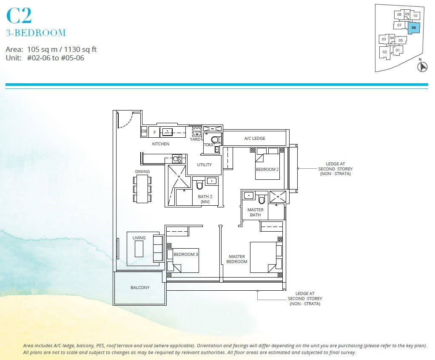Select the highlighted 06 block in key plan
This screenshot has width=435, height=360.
(414, 28)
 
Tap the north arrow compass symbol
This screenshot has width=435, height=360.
(422, 67)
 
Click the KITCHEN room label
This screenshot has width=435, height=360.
(161, 144)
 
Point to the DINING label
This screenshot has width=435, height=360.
(142, 172)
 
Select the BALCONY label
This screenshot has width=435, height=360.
(140, 288)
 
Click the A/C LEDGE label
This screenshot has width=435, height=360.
(255, 139)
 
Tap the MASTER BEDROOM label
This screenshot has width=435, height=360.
(237, 259)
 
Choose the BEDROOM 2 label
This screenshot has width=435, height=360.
(267, 170)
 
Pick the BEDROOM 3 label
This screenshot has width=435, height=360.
(185, 255)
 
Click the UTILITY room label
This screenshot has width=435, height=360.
(204, 165)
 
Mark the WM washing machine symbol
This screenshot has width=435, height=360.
(196, 131)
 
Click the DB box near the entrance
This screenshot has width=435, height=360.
(144, 132)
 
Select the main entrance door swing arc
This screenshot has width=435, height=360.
(125, 120)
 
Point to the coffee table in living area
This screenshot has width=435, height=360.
(139, 249)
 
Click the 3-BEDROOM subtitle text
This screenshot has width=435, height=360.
(36, 33)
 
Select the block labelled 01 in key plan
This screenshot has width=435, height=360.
(397, 50)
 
